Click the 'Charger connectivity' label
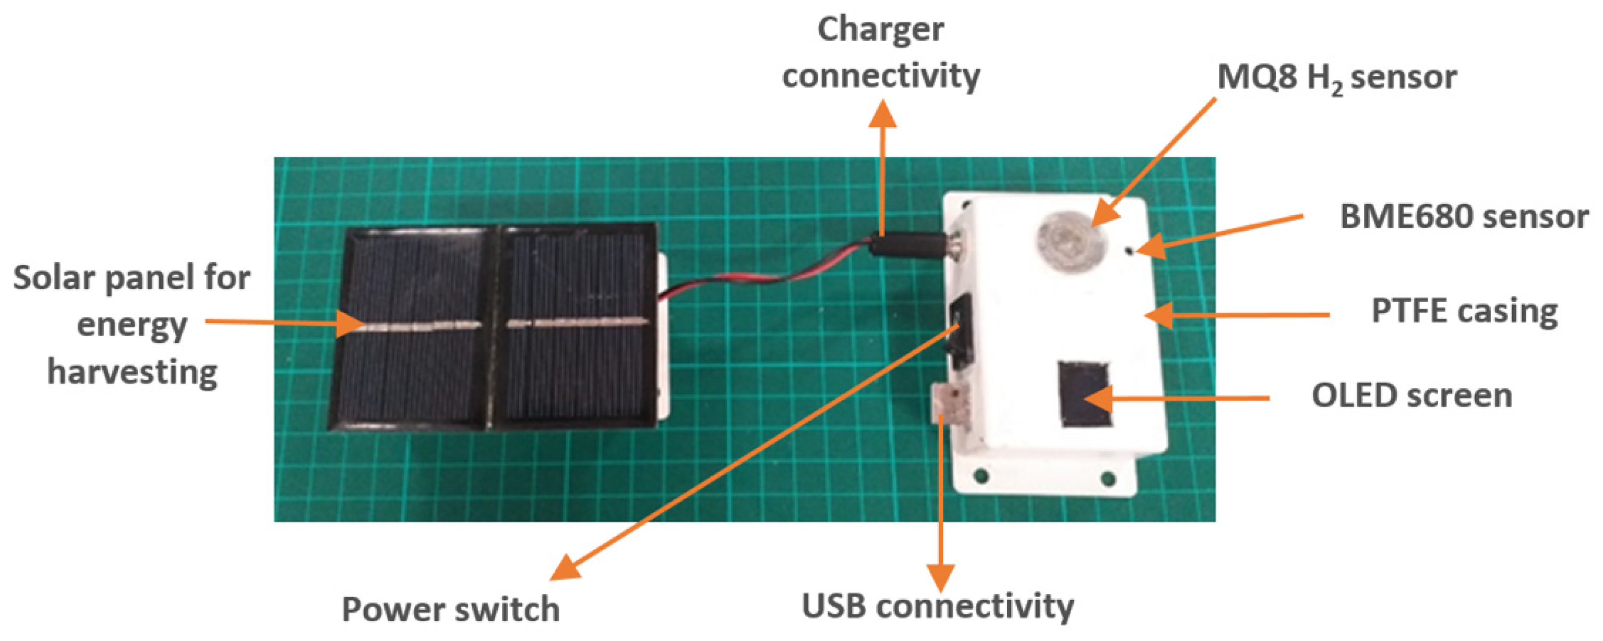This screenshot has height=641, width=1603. click(x=880, y=53)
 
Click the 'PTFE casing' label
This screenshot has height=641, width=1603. click(x=1464, y=312)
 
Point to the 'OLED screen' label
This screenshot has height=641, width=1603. click(x=1411, y=396)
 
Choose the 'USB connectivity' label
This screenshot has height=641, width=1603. click(x=938, y=606)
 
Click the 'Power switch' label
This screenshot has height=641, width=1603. click(x=450, y=609)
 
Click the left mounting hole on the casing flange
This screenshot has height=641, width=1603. click(x=982, y=477)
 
